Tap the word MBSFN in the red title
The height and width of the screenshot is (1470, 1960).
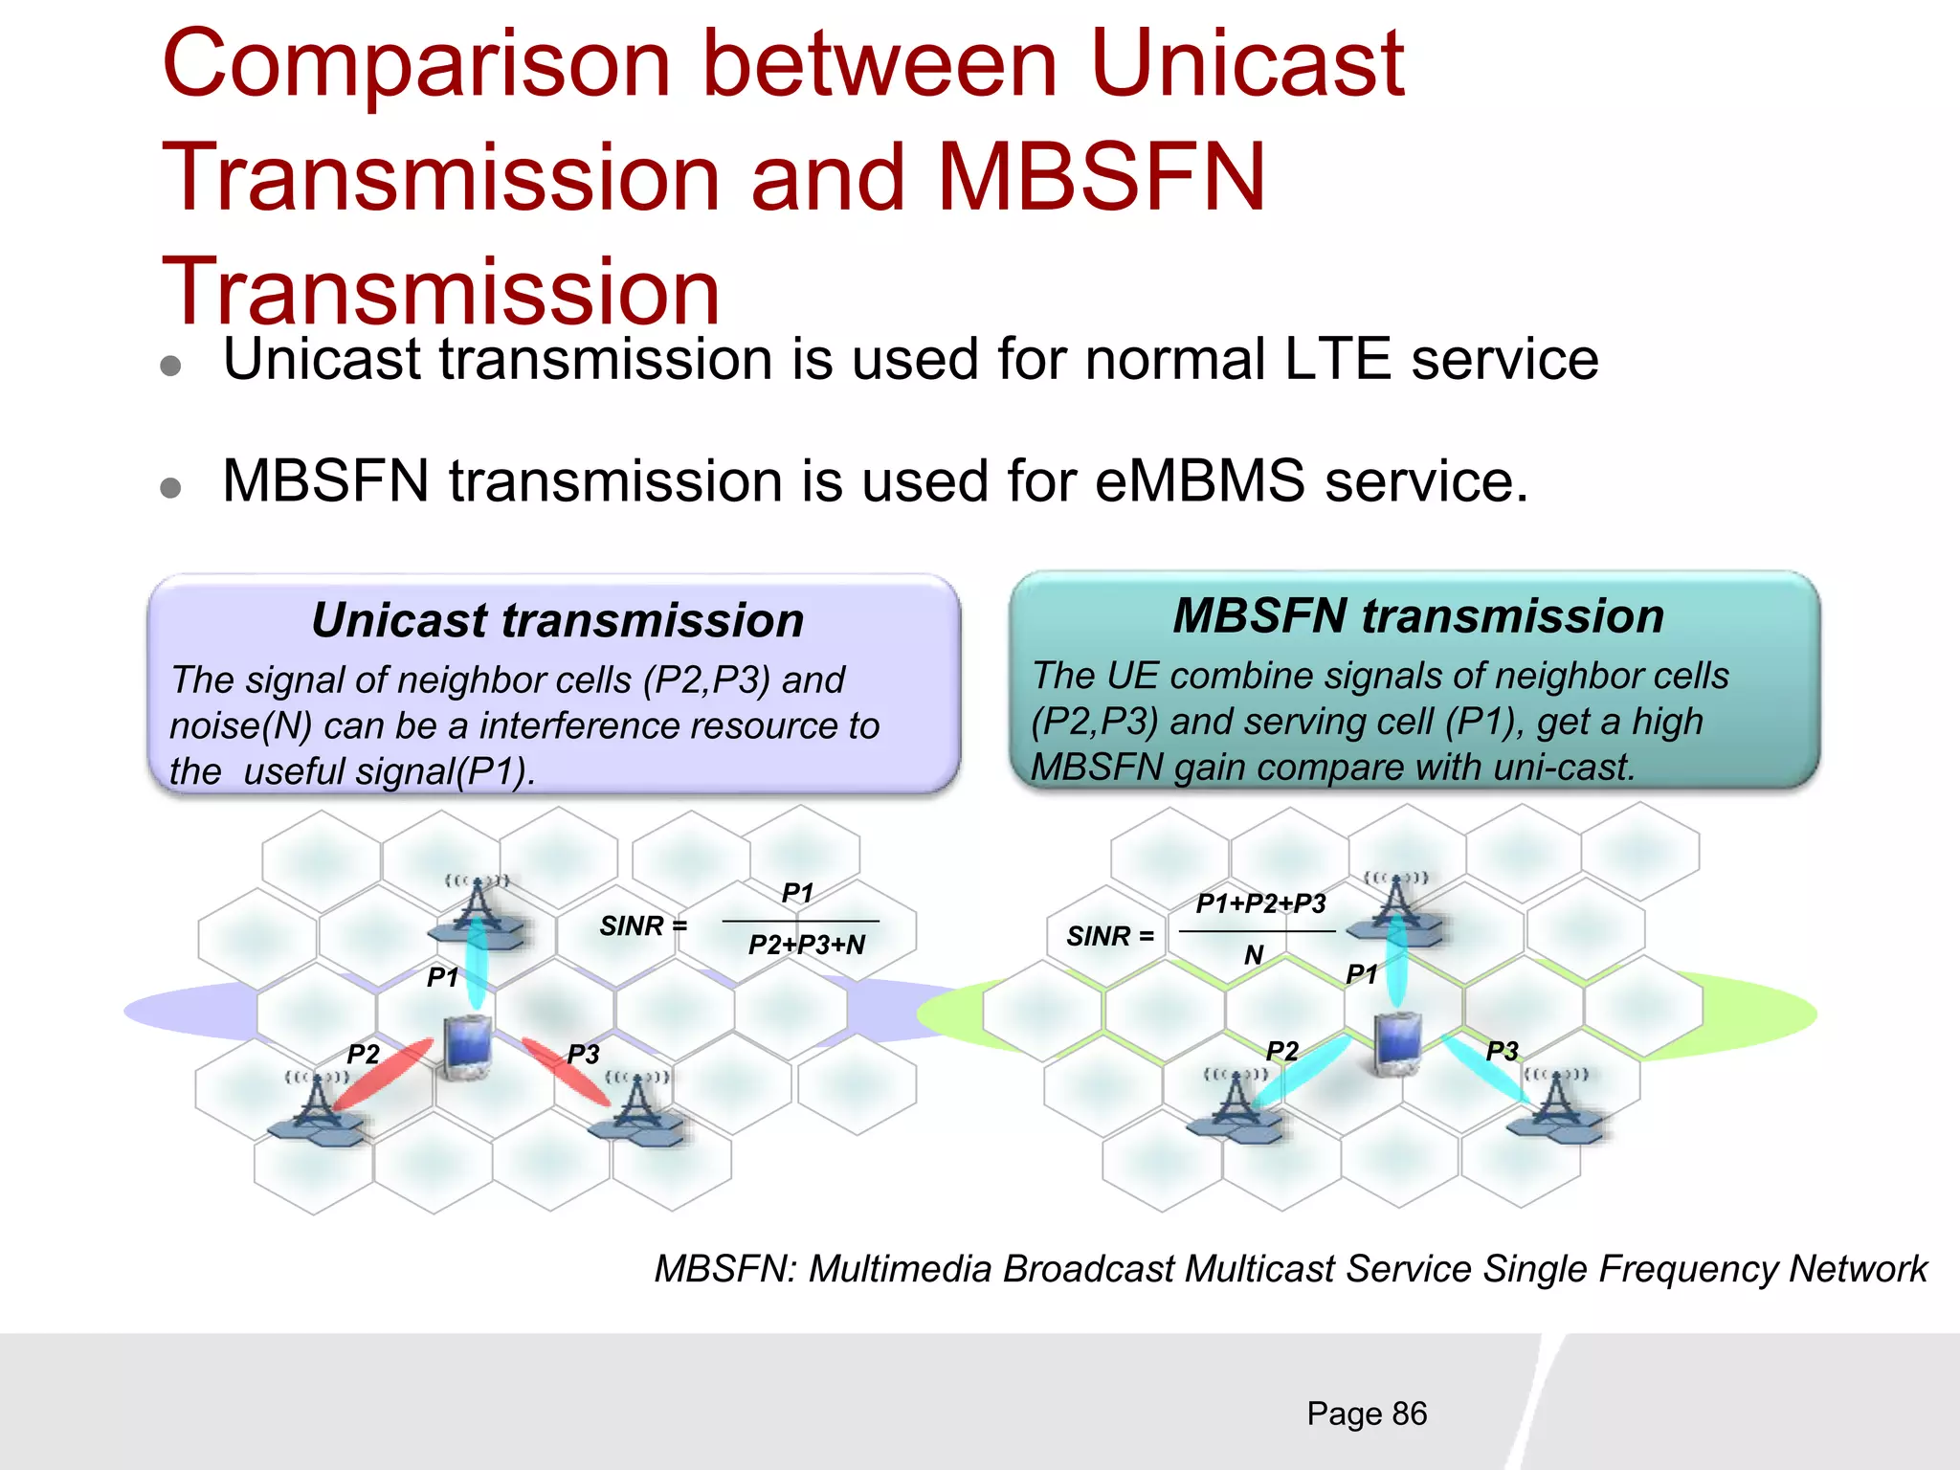pyautogui.click(x=1101, y=178)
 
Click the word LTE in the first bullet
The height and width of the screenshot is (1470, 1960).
pyautogui.click(x=1337, y=360)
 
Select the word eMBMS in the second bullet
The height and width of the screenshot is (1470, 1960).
pyautogui.click(x=1199, y=480)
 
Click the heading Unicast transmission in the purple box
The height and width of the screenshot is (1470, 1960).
pyautogui.click(x=557, y=620)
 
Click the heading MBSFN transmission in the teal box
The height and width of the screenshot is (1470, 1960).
pyautogui.click(x=1418, y=615)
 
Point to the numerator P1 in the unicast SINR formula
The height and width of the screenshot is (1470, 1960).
pyautogui.click(x=797, y=893)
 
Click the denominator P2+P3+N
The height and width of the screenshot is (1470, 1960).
pyautogui.click(x=806, y=946)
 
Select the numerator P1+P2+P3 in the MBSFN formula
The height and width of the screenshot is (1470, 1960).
pyautogui.click(x=1260, y=903)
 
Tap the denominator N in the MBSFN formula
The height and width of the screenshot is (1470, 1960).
pyautogui.click(x=1254, y=955)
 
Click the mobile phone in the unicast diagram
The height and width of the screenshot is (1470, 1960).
pyautogui.click(x=468, y=1048)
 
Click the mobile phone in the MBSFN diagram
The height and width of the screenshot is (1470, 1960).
pyautogui.click(x=1396, y=1043)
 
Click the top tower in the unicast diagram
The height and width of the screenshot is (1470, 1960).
pyautogui.click(x=477, y=909)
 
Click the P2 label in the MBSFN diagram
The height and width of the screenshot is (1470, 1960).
pyautogui.click(x=1282, y=1051)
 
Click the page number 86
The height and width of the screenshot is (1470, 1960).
pyautogui.click(x=1409, y=1414)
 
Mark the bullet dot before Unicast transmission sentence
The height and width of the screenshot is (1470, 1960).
pyautogui.click(x=171, y=367)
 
